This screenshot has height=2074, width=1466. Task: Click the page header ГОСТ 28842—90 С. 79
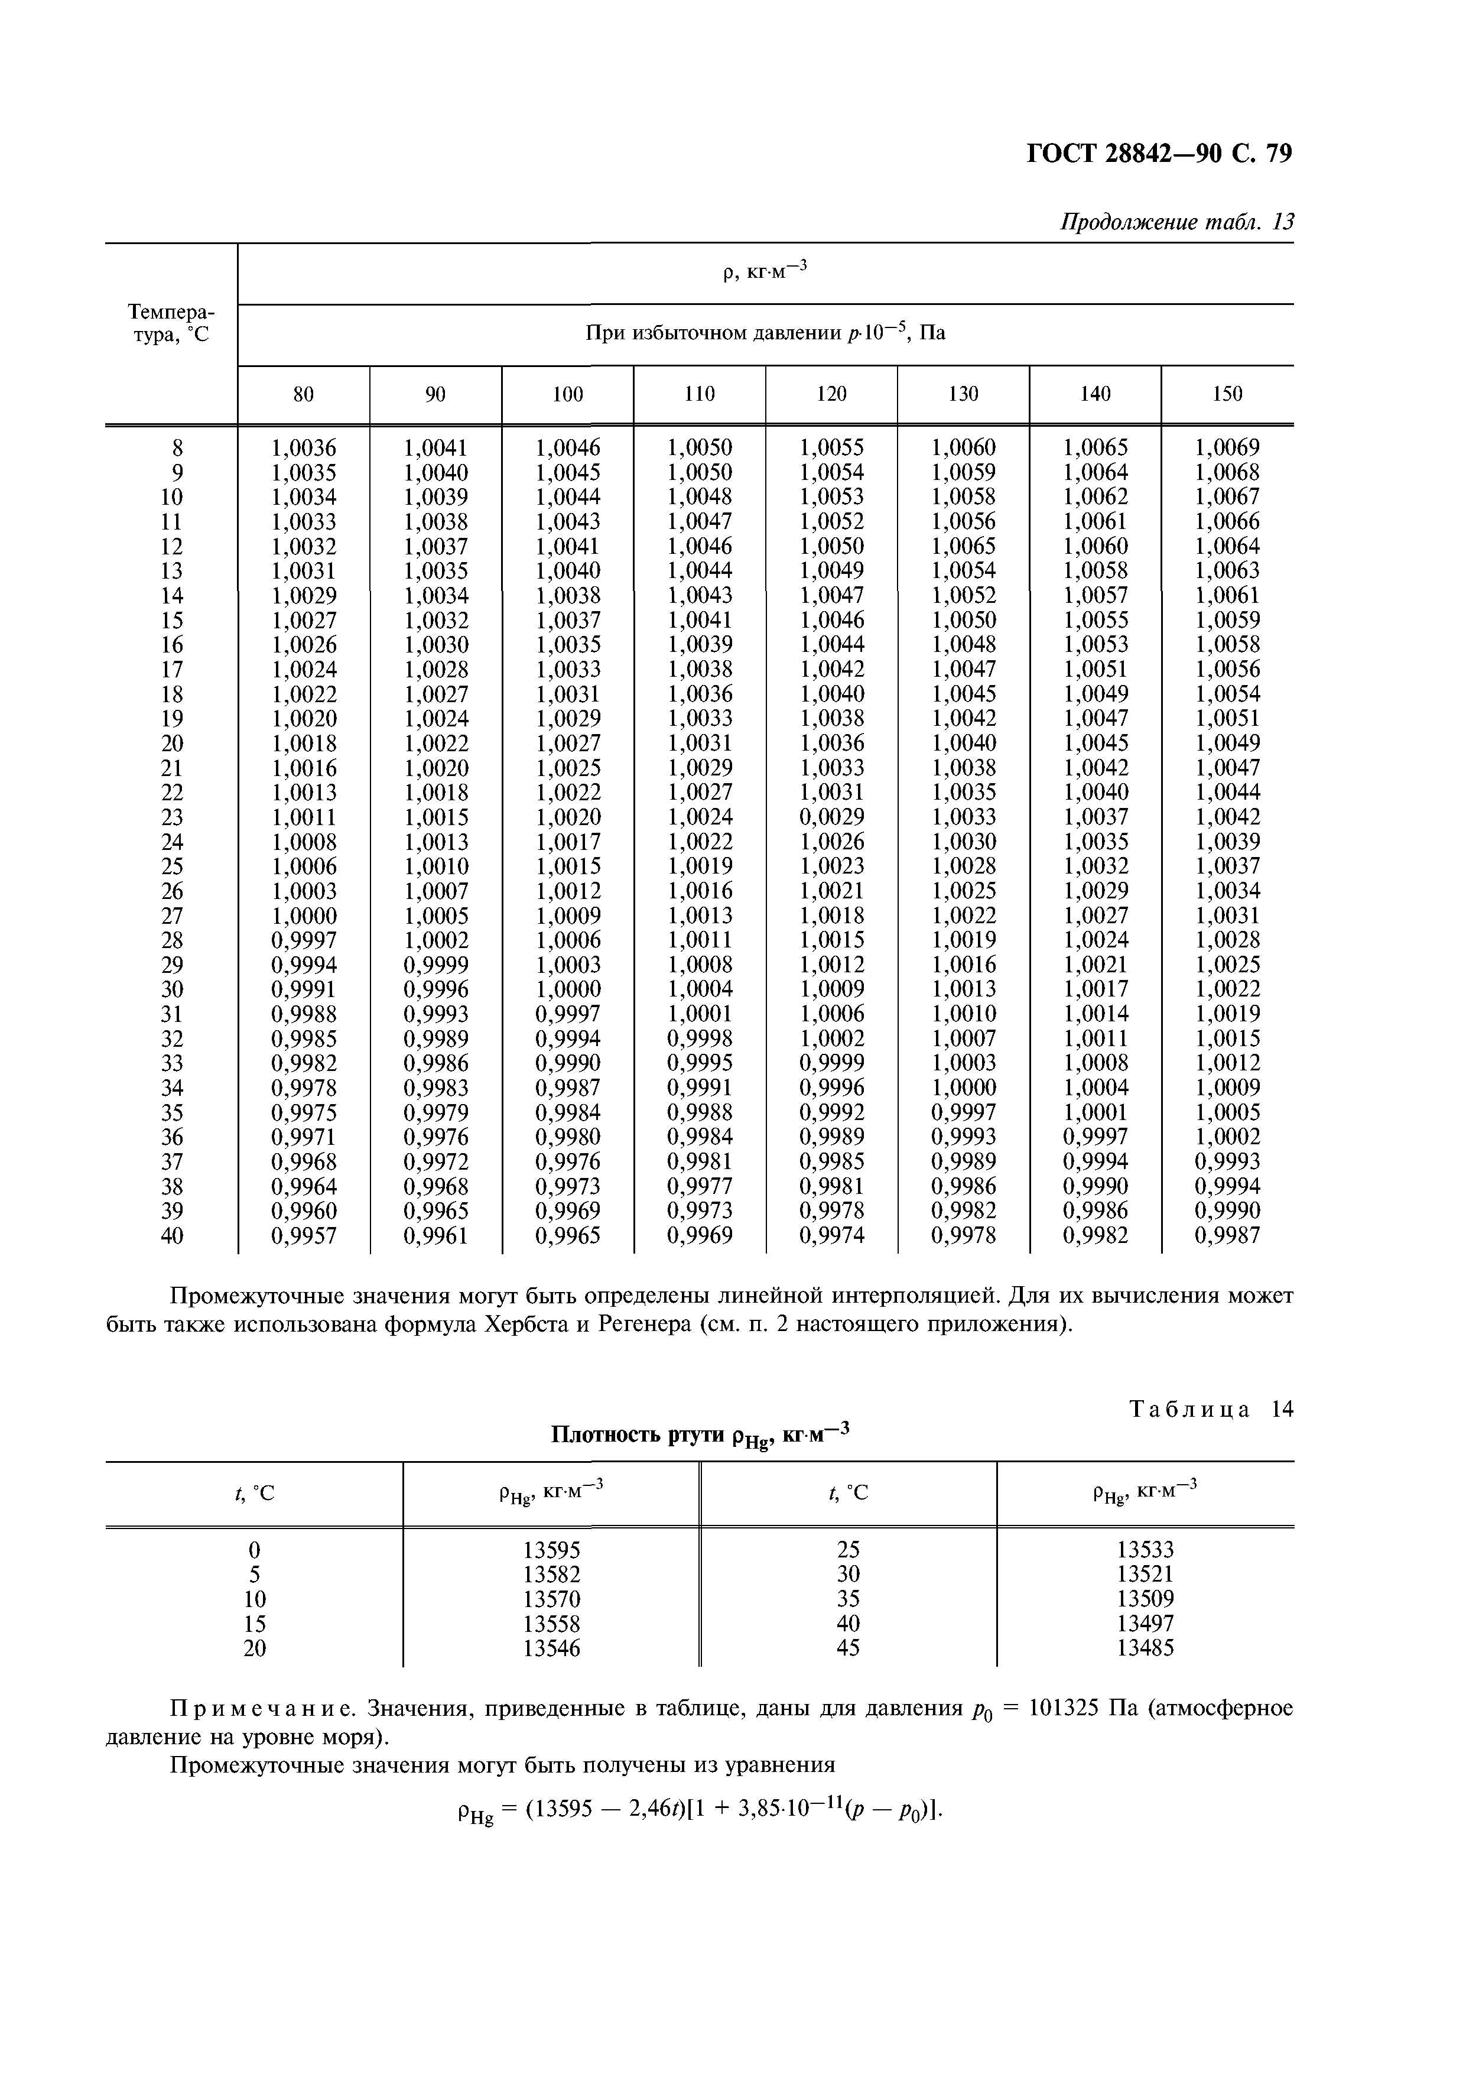1159,154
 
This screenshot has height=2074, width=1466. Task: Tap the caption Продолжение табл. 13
1176,222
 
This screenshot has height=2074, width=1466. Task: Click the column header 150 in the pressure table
1227,394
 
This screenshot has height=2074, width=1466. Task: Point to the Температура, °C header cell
171,323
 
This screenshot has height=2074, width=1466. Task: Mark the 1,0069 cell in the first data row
1227,448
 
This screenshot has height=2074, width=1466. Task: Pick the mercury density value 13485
1145,1648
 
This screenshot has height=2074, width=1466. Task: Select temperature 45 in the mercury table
848,1648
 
